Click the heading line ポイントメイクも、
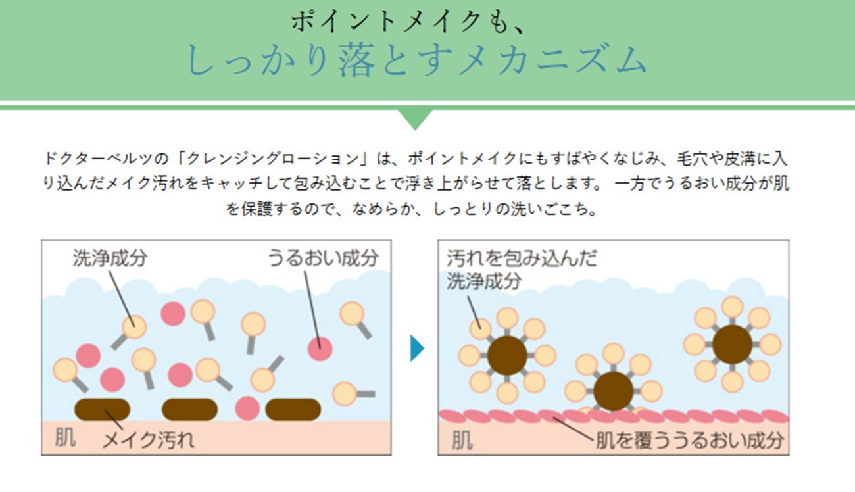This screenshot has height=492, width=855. pos(408,22)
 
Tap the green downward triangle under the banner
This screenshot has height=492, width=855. pos(416,118)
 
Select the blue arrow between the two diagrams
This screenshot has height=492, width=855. pos(416,348)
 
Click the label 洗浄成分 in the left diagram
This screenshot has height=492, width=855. pos(110,258)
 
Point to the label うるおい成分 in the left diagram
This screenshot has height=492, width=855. pos(323,257)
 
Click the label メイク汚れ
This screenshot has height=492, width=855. pos(148,439)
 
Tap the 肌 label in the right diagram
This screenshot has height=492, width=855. pos(462,439)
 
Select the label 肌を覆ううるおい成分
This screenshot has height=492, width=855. pos(689,439)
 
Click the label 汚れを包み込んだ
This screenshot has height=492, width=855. pos(522,258)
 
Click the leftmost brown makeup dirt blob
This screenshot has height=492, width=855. pos(102,409)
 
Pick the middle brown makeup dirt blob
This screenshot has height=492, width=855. pos(189,409)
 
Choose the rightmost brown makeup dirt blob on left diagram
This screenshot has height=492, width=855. pos(293,409)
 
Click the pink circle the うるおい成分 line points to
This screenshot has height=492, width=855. pos(320,348)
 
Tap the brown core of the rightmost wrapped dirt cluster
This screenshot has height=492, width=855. pos(732,344)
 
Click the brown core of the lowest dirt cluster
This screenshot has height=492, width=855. pos(613,391)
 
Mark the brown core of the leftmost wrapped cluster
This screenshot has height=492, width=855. pos(507,355)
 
